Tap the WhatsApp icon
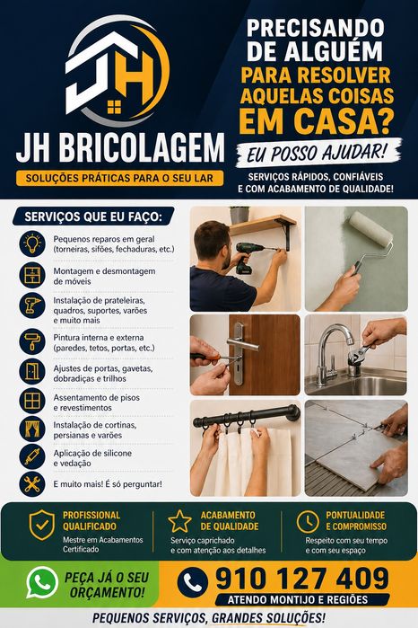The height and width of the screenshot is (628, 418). pos(41,582)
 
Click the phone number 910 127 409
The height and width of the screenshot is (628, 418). pos(302,579)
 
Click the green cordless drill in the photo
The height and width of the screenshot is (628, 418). pos(248,256)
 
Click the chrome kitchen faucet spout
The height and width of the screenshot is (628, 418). pos(335,341)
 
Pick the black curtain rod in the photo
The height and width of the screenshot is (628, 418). pos(247,417)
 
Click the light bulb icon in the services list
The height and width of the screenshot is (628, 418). pos(32,243)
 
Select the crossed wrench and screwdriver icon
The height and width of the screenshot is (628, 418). pos(32,484)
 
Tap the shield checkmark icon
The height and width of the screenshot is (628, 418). pos(41,525)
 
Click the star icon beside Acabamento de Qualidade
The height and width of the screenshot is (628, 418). pos(179,521)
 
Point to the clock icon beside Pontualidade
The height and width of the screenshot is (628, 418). pos(308,522)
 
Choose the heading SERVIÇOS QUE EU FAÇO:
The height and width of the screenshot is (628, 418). pos(93,217)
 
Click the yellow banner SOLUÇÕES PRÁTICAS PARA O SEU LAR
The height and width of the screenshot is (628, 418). pos(119,178)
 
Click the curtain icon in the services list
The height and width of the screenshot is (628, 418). pos(32,429)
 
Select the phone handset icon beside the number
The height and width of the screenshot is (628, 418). pos(192,582)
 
